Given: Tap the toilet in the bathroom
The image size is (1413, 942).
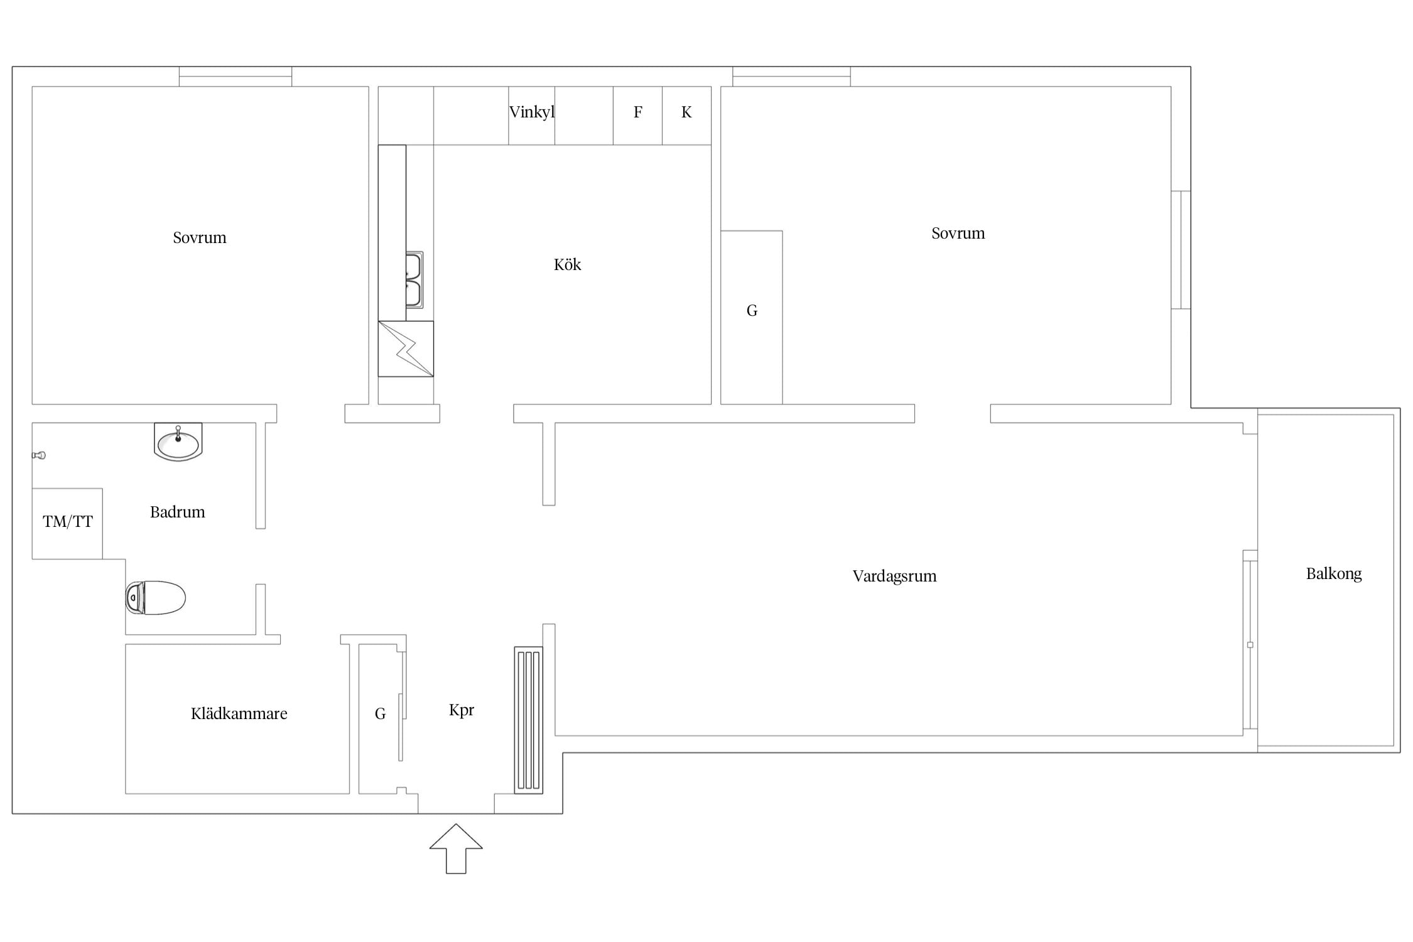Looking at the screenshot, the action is (155, 597).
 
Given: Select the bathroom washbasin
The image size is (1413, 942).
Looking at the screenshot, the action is (178, 442).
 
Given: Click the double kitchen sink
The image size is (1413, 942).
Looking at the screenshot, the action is (414, 280).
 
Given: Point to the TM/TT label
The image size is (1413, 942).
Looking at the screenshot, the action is (68, 521).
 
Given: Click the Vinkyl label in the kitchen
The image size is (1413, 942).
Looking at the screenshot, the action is (532, 112).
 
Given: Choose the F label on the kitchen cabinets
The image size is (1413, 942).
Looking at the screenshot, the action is (638, 112).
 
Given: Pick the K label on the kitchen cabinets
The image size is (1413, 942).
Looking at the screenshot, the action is (686, 112).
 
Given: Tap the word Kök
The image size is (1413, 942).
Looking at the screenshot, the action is (567, 264).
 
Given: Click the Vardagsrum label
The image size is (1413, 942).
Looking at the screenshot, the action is (894, 577).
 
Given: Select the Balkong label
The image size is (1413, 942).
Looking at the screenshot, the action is (1334, 574).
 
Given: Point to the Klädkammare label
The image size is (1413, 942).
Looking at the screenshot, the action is (239, 713).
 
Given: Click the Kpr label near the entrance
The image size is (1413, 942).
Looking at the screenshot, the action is (462, 710).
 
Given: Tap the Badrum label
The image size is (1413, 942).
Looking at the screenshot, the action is (177, 512).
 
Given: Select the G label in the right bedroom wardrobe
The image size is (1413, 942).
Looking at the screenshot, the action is (752, 310).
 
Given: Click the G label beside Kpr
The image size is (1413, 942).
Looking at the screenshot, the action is (380, 713).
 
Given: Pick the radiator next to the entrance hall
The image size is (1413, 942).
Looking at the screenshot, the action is (529, 720).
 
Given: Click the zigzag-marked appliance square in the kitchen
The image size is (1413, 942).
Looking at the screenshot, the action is (406, 349).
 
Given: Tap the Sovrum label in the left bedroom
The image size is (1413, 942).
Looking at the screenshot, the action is (200, 237).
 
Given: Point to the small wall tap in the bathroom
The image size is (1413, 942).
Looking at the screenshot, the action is (39, 455).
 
